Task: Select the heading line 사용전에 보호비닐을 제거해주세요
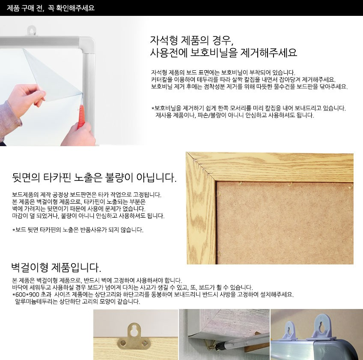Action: click(x=223, y=54)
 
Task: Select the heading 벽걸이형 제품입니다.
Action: click(x=56, y=269)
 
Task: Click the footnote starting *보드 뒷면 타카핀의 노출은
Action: click(x=78, y=230)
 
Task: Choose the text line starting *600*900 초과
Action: click(x=153, y=294)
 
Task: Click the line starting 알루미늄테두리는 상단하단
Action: click(x=77, y=302)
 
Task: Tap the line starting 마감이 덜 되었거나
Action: click(x=88, y=216)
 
